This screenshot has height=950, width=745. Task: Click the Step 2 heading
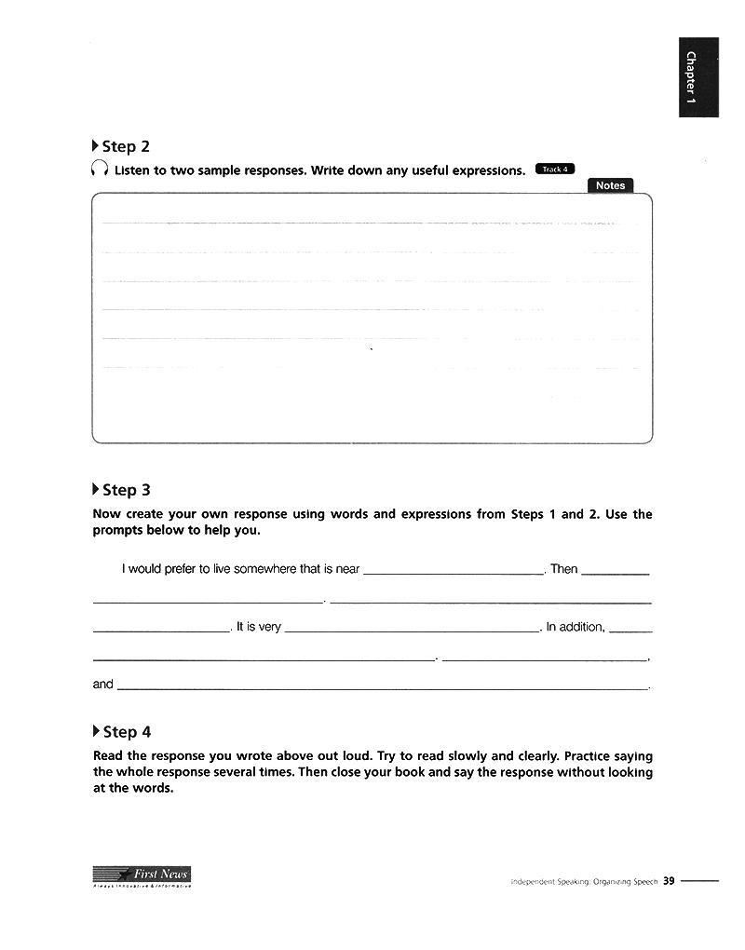tap(125, 146)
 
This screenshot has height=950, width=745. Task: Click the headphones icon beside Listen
tap(100, 170)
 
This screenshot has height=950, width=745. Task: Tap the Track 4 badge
tap(555, 170)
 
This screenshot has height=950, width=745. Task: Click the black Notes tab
tap(610, 185)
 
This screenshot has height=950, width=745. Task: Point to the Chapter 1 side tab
tap(698, 77)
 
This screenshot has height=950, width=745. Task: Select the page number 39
tap(669, 881)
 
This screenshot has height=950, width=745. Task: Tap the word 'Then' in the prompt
tap(564, 569)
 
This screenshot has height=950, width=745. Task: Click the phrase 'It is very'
tap(259, 627)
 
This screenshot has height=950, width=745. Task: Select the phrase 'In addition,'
tap(576, 627)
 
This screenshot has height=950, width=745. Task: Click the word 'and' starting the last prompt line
tap(102, 685)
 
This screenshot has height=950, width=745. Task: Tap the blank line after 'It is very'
tap(411, 631)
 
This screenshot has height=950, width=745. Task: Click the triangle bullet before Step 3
tap(96, 490)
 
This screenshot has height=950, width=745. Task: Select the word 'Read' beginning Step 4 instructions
tap(108, 756)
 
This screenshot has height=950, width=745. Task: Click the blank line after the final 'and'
tap(382, 689)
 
